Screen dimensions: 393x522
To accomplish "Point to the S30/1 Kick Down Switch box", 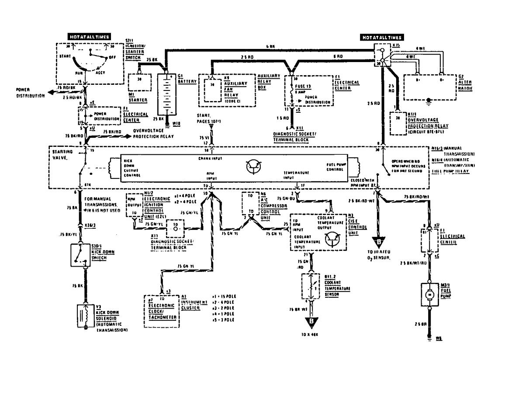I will tap(80, 255).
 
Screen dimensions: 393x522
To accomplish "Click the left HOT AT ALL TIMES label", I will tap(88, 37).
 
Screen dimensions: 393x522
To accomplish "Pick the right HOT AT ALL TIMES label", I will tap(382, 38).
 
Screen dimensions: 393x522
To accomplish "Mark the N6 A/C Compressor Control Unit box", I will tap(251, 205).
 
